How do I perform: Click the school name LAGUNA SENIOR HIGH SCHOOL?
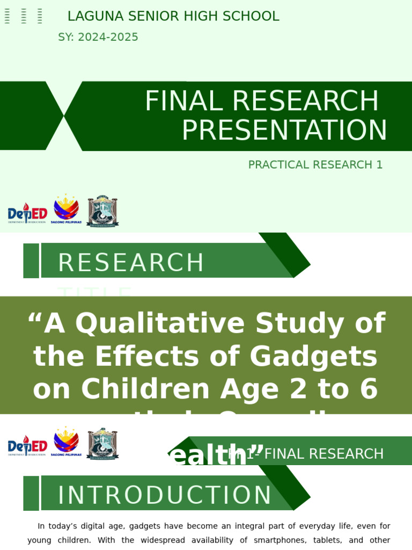point(173,17)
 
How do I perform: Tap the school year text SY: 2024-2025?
point(98,38)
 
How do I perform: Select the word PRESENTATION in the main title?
point(284,131)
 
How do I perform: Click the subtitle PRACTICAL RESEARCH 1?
point(315,165)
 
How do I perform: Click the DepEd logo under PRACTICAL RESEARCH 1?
point(27,213)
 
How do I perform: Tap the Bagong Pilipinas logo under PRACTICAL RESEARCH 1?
point(67,209)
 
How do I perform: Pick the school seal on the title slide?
point(102,211)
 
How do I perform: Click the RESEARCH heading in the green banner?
point(131,263)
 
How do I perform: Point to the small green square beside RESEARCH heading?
point(31,261)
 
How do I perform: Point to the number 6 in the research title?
point(369,389)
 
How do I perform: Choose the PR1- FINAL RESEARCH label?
point(306,454)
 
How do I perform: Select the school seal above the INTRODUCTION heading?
point(102,444)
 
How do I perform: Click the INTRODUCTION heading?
point(165,495)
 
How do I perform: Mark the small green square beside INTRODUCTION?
point(31,493)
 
